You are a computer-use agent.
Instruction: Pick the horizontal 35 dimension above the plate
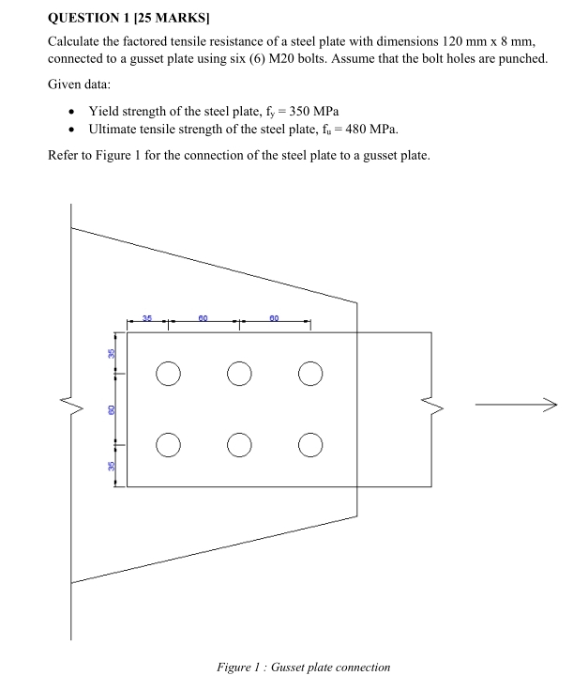pos(147,319)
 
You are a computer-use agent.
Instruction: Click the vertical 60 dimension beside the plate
pos(110,408)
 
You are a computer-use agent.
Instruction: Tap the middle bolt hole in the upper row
pos(239,374)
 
